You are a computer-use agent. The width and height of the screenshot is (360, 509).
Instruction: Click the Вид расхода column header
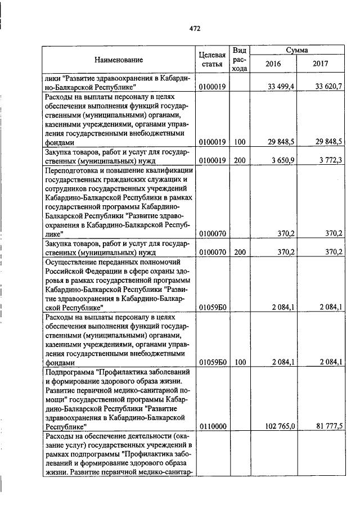tap(240, 59)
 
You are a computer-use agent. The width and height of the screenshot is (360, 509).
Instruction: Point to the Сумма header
tap(296, 50)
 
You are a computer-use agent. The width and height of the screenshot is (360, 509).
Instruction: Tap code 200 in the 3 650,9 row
tap(240, 160)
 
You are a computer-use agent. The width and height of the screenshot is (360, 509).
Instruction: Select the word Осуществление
tap(70, 262)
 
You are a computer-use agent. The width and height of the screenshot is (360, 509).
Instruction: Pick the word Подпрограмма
tap(69, 372)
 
